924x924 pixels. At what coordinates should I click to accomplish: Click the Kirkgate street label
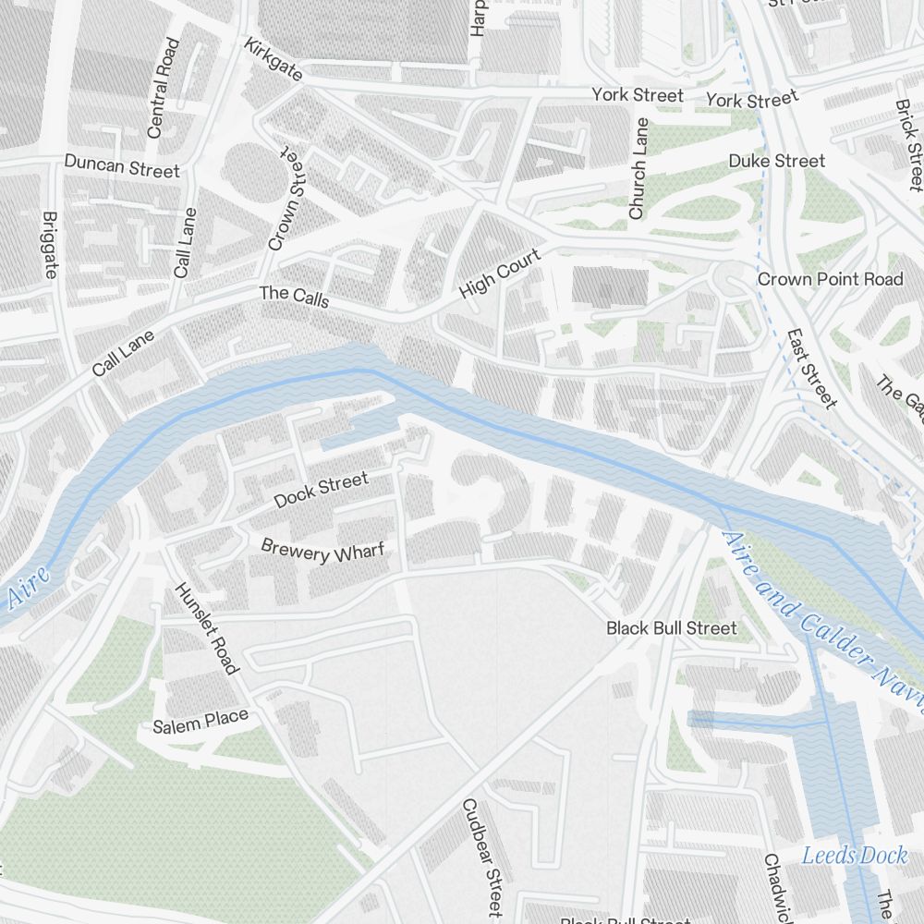274,59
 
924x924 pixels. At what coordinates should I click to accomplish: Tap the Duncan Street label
122,166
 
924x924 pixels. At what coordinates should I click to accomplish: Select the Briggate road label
50,244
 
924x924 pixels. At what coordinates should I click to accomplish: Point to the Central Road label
163,88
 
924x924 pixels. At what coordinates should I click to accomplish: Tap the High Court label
500,275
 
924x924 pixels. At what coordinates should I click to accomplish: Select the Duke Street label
776,161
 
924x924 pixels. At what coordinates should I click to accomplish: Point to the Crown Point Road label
830,279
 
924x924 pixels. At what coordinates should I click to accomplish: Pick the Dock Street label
321,490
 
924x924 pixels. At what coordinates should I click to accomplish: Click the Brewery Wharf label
322,551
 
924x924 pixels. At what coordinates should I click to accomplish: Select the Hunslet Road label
207,628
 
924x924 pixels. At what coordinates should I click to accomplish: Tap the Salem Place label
201,721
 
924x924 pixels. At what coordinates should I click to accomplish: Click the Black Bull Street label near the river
672,628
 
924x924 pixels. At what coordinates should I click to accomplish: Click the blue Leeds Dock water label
854,855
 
